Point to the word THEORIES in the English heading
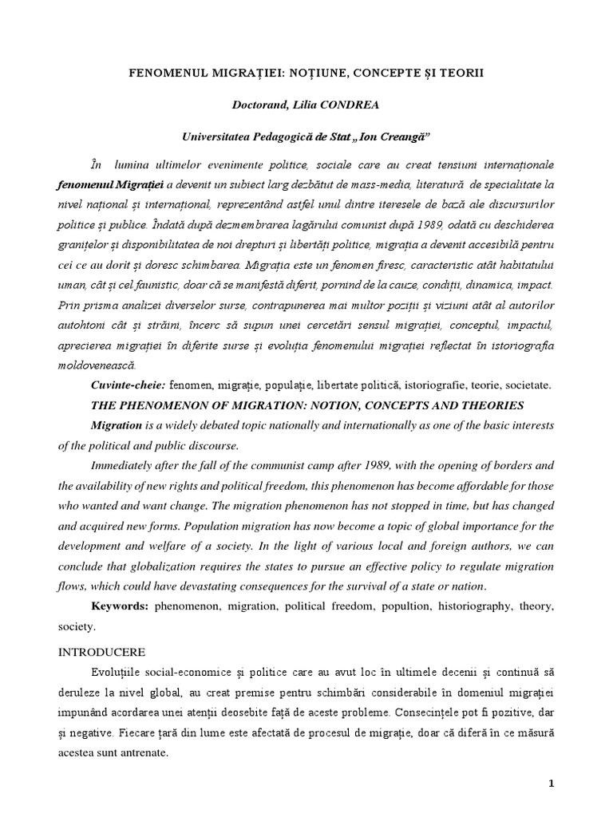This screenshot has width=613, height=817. [x=490, y=405]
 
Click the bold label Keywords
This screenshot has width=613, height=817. [x=120, y=606]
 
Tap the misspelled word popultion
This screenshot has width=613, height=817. [x=407, y=606]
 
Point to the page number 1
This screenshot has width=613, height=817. [x=551, y=783]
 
